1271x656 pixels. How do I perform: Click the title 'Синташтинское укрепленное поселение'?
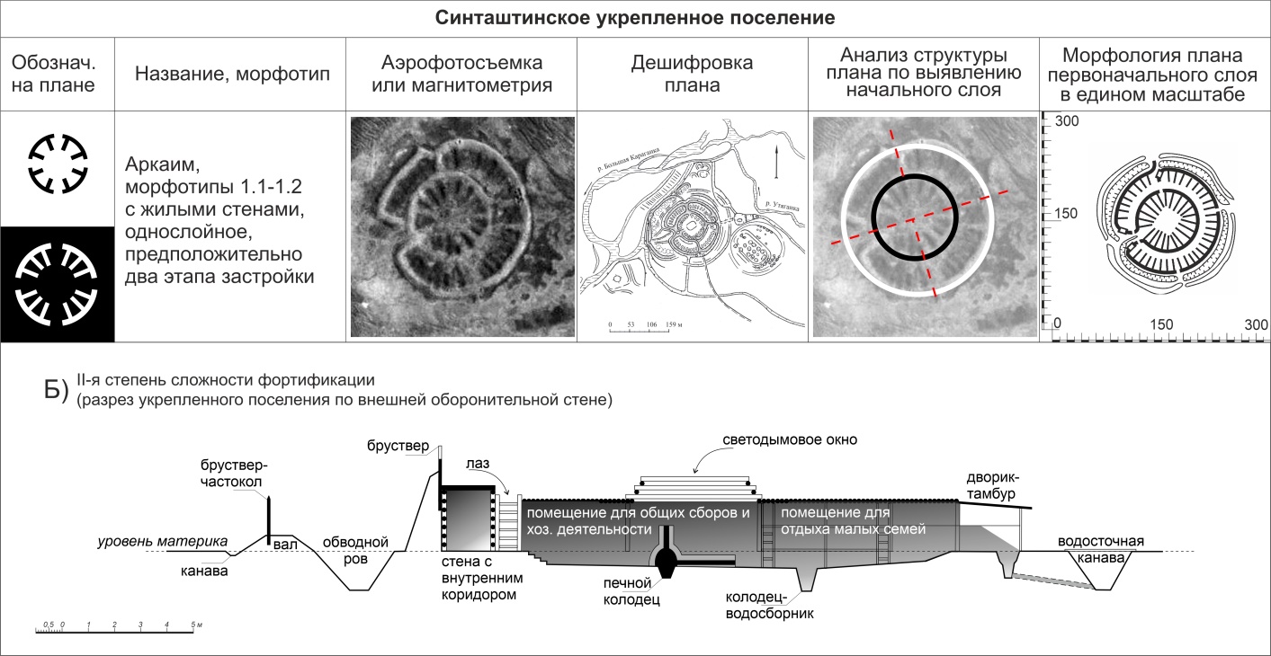(635, 18)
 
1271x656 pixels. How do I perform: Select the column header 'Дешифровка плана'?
(692, 74)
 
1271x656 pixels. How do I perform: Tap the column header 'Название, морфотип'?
(232, 74)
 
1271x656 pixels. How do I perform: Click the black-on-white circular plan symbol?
(58, 164)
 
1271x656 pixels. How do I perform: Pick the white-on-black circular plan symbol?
(58, 283)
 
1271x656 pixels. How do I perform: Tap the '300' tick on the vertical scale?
(1066, 120)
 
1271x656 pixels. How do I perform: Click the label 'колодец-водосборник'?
(770, 607)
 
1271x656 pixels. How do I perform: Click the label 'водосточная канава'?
(1100, 550)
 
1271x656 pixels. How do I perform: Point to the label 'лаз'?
(478, 465)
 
